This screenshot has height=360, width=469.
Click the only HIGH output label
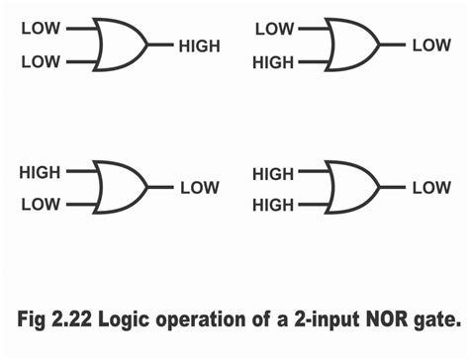coord(200,45)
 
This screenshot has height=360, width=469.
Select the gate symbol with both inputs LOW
coord(119,45)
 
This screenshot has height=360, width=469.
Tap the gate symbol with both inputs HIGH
coord(352,188)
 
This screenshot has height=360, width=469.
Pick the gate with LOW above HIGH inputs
coord(352,45)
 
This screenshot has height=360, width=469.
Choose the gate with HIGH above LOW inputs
coord(119,187)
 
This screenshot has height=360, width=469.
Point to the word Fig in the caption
coord(39,322)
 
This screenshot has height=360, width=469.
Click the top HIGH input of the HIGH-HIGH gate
coord(273,172)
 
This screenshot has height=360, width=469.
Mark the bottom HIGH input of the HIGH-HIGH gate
coord(273,205)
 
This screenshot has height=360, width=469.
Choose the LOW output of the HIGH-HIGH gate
coord(431,188)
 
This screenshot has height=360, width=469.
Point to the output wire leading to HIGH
coord(160,45)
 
